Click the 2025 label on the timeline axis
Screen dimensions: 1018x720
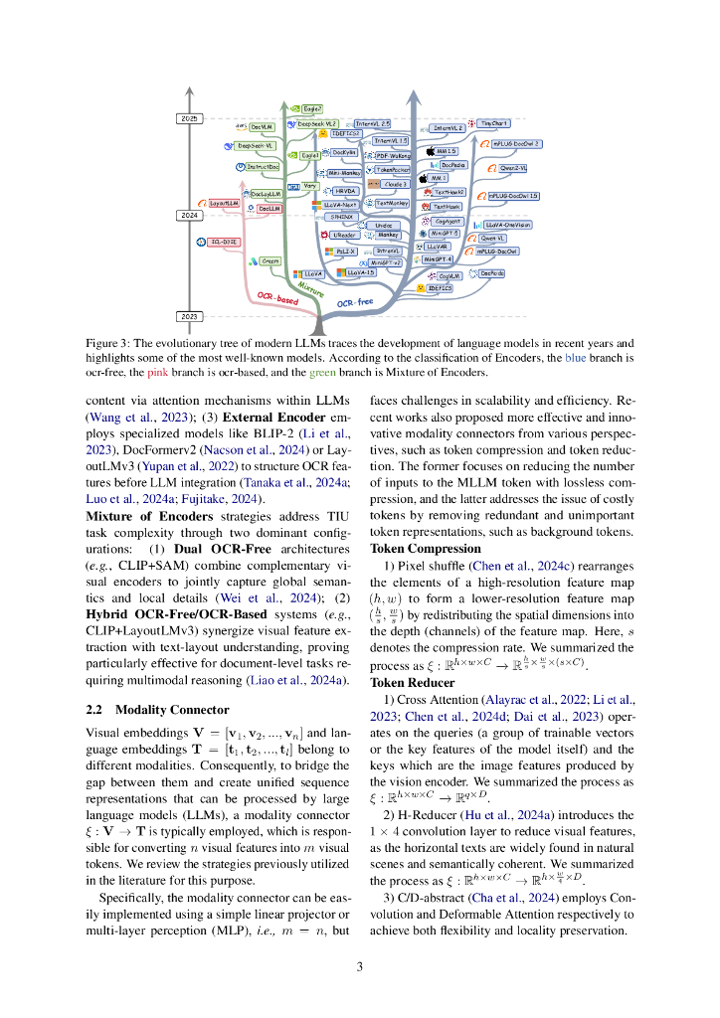click(x=190, y=118)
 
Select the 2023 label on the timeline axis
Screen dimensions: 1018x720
click(x=190, y=316)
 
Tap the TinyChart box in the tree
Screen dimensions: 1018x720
click(x=493, y=124)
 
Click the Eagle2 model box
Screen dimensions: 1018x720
click(x=311, y=107)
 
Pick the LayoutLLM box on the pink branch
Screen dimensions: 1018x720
click(x=224, y=202)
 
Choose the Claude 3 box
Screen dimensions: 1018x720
click(x=395, y=184)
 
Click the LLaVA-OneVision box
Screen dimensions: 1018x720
click(x=508, y=226)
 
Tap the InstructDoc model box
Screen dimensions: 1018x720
click(x=263, y=167)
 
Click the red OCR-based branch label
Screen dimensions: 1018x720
click(x=277, y=297)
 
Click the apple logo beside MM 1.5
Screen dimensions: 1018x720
click(x=430, y=151)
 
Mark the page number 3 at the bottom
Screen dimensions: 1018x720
click(x=360, y=967)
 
